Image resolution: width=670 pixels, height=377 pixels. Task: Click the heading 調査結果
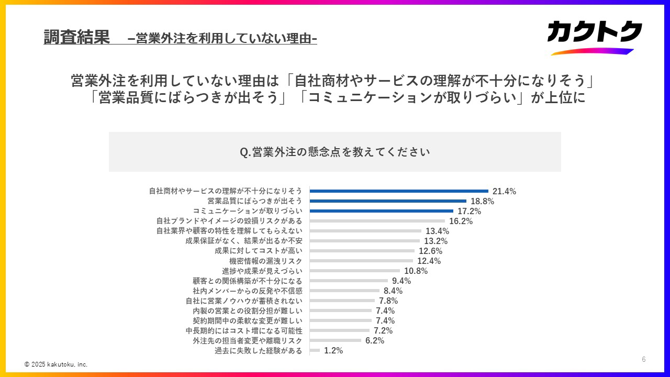pyautogui.click(x=76, y=37)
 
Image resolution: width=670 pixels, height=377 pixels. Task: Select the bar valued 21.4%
pyautogui.click(x=399, y=191)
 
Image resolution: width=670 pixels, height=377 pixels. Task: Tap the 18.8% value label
pyautogui.click(x=482, y=201)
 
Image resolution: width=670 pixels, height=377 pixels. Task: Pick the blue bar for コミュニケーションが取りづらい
pyautogui.click(x=381, y=211)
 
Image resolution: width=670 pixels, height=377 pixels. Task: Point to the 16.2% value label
pyautogui.click(x=461, y=221)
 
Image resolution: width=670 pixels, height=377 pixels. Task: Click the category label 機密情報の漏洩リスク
pyautogui.click(x=266, y=261)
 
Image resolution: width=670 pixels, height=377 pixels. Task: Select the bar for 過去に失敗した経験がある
pyautogui.click(x=315, y=350)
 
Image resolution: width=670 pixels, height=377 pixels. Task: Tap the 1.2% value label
pyautogui.click(x=333, y=350)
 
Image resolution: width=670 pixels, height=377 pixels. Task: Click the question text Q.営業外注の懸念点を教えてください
pyautogui.click(x=335, y=152)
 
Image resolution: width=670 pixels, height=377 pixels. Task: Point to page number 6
pyautogui.click(x=644, y=359)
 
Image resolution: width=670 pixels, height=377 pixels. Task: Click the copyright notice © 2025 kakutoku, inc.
pyautogui.click(x=56, y=364)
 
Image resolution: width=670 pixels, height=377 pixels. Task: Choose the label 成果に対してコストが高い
pyautogui.click(x=259, y=251)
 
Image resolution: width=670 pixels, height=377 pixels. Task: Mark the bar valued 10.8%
pyautogui.click(x=354, y=271)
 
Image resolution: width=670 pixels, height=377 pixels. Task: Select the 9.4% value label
pyautogui.click(x=401, y=281)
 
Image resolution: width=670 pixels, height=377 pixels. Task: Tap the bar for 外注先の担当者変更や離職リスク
pyautogui.click(x=335, y=340)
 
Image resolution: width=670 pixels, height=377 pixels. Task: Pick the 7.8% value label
pyautogui.click(x=388, y=301)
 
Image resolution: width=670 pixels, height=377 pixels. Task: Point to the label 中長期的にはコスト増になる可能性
pyautogui.click(x=244, y=330)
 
